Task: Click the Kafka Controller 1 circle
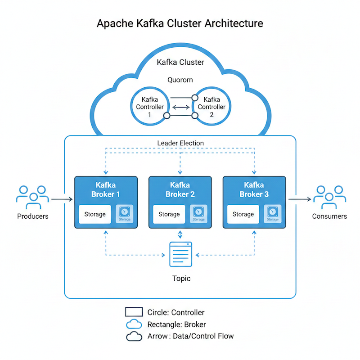149,107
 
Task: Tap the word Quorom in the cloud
180,80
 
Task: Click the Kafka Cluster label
180,62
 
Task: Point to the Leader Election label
180,143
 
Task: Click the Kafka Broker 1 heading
105,189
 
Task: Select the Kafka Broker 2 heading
180,189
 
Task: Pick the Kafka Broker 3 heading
254,189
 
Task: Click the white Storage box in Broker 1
95,214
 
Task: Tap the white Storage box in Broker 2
169,214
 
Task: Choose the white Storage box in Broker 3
243,214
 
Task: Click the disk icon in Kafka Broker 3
272,213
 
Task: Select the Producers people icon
32,198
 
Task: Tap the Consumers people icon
329,198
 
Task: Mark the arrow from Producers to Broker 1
62,198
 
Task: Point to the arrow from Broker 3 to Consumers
299,198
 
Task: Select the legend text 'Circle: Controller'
176,312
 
